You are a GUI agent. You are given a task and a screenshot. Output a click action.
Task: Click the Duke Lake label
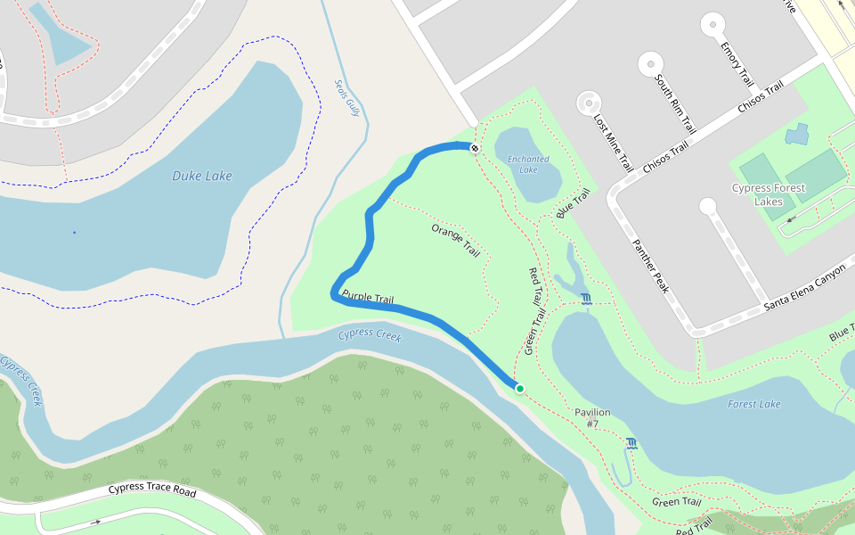201,176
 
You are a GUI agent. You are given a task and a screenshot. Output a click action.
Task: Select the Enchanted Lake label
528,164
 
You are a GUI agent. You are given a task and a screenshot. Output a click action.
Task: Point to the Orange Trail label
455,241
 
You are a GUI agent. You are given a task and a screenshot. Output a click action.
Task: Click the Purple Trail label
367,298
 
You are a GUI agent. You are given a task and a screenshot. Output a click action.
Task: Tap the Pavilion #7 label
592,417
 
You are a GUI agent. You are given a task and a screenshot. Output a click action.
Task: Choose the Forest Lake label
753,404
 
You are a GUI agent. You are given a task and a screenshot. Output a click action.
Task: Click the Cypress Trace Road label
151,490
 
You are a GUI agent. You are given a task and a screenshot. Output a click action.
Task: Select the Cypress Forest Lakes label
768,194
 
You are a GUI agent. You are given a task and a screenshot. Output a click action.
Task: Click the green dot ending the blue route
519,388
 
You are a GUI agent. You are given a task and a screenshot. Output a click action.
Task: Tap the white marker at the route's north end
476,148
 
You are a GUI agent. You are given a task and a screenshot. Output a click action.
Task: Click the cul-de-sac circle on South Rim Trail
650,63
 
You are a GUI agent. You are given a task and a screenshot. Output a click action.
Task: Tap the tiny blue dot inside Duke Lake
74,233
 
